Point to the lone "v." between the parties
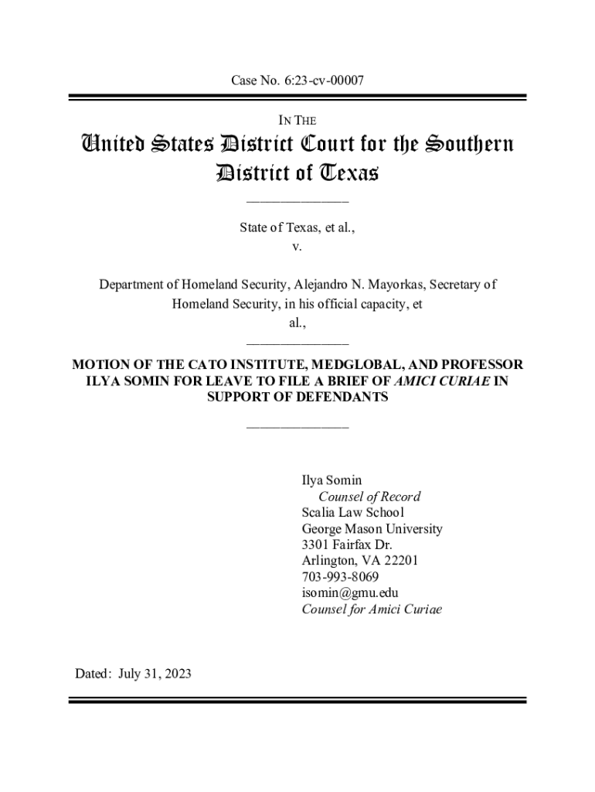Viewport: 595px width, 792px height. click(297, 247)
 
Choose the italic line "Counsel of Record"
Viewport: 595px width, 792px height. click(369, 497)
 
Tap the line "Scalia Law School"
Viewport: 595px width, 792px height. click(352, 513)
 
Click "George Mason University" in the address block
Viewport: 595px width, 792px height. click(372, 529)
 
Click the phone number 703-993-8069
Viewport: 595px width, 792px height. click(340, 578)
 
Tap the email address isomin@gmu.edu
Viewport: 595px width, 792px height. click(349, 593)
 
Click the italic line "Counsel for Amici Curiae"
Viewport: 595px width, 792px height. click(372, 609)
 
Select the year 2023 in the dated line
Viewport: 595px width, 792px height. click(176, 674)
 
